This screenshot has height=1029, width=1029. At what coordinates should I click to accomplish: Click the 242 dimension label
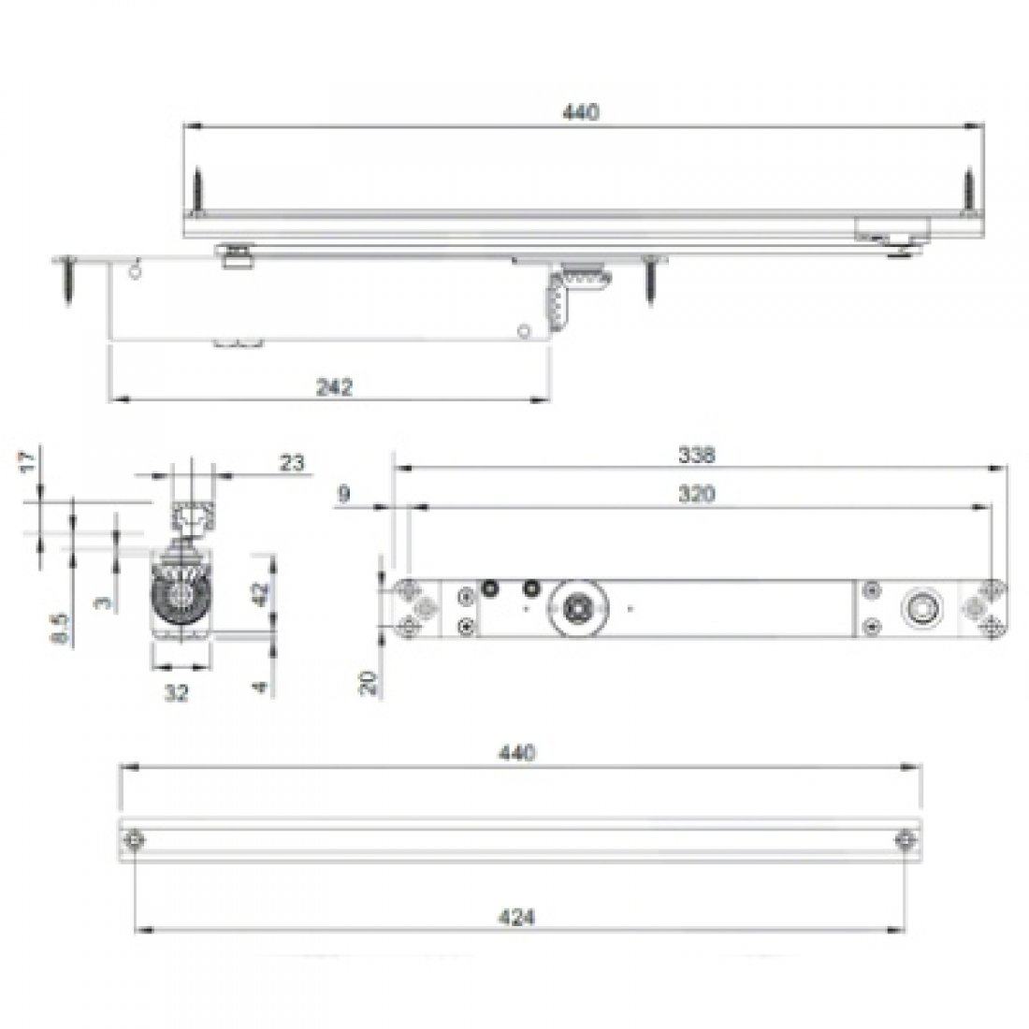(x=334, y=386)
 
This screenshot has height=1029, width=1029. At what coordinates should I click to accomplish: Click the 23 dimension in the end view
(x=292, y=461)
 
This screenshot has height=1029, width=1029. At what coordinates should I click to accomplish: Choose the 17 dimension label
(x=26, y=462)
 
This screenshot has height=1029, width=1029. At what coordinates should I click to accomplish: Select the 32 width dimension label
(x=177, y=693)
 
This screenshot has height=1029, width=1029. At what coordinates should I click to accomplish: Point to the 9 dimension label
(x=344, y=495)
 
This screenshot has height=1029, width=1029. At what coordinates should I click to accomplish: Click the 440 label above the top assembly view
(x=579, y=112)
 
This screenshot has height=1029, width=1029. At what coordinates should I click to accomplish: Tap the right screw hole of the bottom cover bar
(x=903, y=840)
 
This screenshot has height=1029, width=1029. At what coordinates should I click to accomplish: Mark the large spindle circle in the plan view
(x=578, y=609)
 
